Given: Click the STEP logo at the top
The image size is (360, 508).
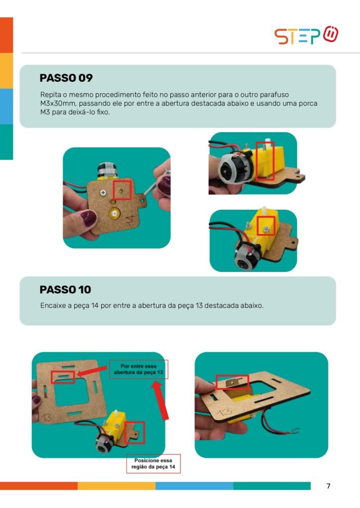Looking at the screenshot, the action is (x=306, y=35).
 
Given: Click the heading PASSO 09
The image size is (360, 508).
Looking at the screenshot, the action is (x=66, y=78).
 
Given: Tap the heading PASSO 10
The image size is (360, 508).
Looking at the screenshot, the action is (x=65, y=289).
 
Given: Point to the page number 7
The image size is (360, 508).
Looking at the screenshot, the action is (x=329, y=486).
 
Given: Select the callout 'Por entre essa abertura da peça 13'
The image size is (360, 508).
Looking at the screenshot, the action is (x=139, y=369).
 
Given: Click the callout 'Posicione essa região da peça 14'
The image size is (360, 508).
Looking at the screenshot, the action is (x=153, y=464).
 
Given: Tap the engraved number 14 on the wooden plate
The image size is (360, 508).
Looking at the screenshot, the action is (x=130, y=220).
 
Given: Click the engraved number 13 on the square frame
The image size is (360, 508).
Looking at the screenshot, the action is (x=47, y=417).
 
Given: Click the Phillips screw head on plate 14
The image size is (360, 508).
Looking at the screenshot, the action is (x=103, y=193).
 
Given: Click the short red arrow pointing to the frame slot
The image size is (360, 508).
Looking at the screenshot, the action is (x=92, y=371).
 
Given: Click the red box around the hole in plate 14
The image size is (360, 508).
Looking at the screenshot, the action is (x=122, y=190).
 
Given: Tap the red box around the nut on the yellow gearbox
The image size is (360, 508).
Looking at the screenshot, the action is (x=266, y=226).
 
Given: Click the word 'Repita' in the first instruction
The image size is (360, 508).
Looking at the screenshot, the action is (x=51, y=95).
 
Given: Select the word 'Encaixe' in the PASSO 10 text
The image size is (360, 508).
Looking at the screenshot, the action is (x=53, y=306).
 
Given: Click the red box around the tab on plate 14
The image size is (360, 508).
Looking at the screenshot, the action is (x=134, y=432).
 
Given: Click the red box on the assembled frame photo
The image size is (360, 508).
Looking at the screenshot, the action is (x=232, y=382).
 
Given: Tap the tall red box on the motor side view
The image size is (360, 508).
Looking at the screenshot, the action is (x=265, y=161).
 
